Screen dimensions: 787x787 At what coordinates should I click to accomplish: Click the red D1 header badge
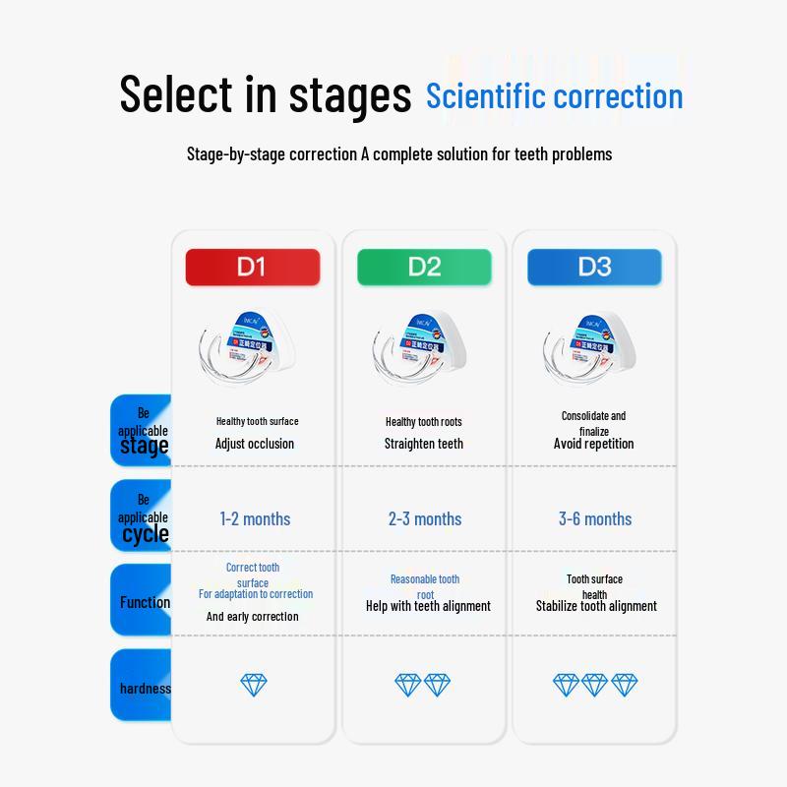coord(253,267)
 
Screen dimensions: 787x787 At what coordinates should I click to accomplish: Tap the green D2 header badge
coord(424,267)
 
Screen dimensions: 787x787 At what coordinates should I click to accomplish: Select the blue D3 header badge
coord(594,267)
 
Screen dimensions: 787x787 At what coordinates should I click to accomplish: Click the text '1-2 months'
coord(255,518)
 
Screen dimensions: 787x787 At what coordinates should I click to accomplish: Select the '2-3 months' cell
coord(424,518)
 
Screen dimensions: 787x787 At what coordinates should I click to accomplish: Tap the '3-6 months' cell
coord(595,518)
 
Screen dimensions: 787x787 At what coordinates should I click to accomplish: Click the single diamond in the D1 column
coord(254,685)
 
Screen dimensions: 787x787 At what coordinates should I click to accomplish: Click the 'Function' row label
coord(144,602)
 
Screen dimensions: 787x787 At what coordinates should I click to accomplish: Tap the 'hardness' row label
coord(144,688)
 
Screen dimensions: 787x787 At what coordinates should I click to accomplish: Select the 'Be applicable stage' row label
coord(144,431)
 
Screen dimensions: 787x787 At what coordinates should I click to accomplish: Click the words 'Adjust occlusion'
coord(255,444)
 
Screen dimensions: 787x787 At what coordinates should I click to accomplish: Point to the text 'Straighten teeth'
coord(424,444)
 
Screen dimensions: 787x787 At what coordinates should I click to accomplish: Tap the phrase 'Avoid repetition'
coord(594,444)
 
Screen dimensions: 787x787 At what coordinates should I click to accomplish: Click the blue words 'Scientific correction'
coord(554,96)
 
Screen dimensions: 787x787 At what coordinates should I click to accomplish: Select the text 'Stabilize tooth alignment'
coord(596,606)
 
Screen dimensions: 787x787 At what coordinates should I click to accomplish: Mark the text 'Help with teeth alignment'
coord(428,606)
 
